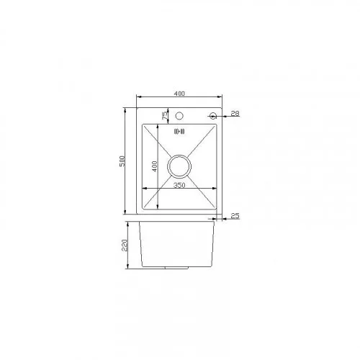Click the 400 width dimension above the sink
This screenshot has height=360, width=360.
179,94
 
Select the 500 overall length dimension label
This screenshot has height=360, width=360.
122,161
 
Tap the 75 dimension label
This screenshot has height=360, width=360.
165,116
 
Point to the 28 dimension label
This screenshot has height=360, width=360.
235,113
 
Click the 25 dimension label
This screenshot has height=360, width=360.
235,216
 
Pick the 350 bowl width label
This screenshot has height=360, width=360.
179,185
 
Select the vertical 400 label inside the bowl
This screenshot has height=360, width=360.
155,166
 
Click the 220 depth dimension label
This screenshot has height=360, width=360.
125,245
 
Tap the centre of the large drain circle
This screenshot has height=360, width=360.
179,166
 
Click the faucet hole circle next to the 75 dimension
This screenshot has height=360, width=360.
179,116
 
